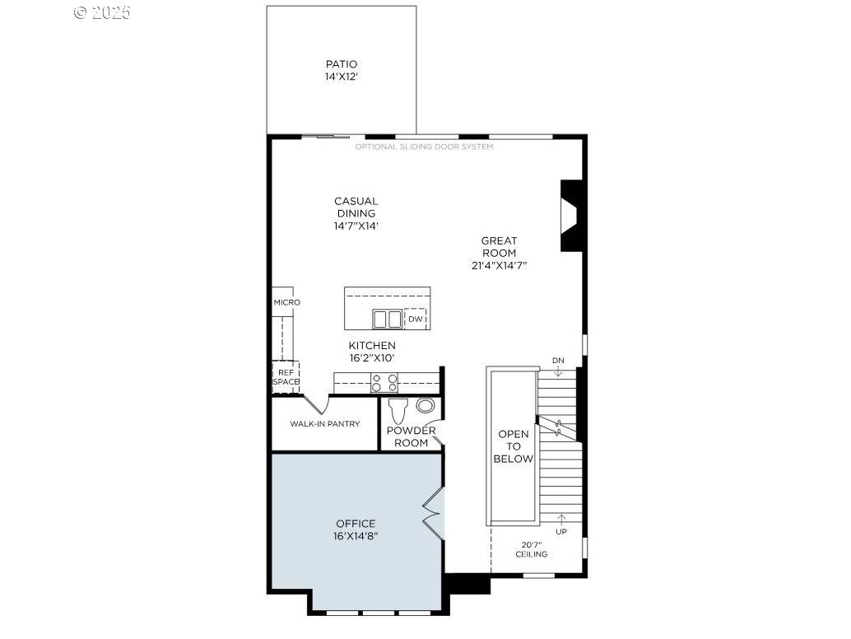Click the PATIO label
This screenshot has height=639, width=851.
click(341, 64)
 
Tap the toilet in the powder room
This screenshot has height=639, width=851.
click(398, 411)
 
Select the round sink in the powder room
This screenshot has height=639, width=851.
click(425, 405)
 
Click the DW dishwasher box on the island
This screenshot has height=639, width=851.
click(416, 319)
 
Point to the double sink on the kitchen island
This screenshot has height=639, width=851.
click(387, 319)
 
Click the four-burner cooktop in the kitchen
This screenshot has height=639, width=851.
click(384, 382)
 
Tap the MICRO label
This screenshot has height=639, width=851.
click(286, 302)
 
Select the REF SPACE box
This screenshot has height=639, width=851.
click(286, 376)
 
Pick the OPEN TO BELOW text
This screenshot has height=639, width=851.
click(514, 446)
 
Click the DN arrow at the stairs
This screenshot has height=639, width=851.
click(558, 366)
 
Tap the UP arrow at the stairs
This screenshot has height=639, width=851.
click(562, 524)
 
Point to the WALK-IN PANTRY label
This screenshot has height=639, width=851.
click(324, 424)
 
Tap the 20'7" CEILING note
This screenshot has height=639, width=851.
click(532, 549)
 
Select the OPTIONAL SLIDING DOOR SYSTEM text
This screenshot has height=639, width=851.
click(424, 147)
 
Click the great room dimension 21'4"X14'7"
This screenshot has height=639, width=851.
click(499, 265)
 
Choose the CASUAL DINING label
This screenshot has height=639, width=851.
click(356, 212)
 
